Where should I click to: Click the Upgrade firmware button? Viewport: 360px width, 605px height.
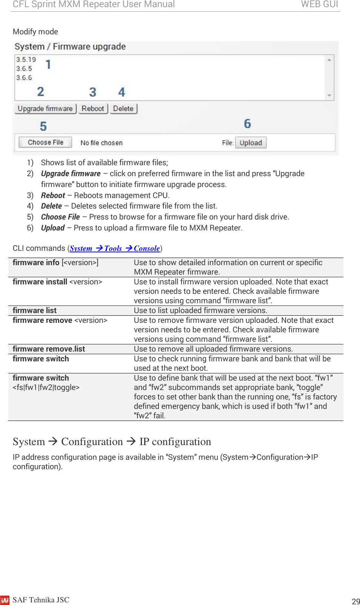[x=45, y=109]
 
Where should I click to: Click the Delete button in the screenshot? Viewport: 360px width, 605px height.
[x=123, y=109]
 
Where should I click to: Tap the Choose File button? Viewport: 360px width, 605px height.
[x=46, y=142]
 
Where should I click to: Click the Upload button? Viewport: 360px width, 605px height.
[x=251, y=143]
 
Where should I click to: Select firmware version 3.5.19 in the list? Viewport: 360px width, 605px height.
[x=26, y=60]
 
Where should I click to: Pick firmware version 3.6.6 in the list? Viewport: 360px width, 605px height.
[x=24, y=78]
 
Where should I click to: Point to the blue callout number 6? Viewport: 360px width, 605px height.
[x=247, y=124]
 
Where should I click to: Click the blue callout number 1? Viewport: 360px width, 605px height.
[x=48, y=64]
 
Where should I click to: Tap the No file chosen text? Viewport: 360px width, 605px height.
[x=102, y=143]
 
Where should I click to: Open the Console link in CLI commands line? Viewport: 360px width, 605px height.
[x=146, y=248]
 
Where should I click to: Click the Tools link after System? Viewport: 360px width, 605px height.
[x=113, y=248]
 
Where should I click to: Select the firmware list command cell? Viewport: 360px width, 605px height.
[x=35, y=310]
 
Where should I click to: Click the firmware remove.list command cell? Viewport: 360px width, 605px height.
[x=49, y=349]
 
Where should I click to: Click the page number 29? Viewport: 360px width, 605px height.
[x=355, y=601]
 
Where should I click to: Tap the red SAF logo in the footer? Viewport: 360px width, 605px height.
[x=5, y=600]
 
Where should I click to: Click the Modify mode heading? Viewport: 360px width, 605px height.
[x=35, y=32]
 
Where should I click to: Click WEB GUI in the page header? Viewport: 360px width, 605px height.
[x=319, y=5]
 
